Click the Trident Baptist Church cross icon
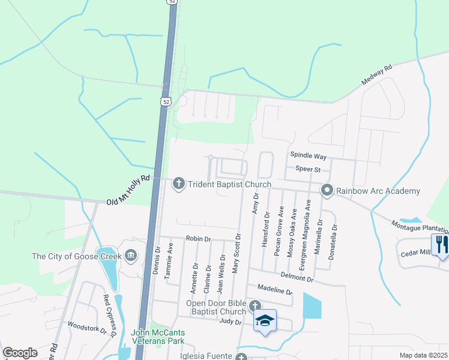click(178, 183)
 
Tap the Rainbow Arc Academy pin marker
click(327, 191)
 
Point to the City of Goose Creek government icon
click(131, 256)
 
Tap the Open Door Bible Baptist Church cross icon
click(255, 305)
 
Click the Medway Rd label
click(376, 75)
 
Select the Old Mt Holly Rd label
click(127, 190)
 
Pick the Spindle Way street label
click(308, 156)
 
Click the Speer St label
click(307, 169)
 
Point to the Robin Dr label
click(198, 239)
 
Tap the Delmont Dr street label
click(297, 278)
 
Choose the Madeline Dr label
click(274, 291)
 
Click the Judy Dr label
click(230, 322)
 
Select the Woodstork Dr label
click(86, 329)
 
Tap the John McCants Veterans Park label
click(158, 337)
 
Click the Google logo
click(20, 353)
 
